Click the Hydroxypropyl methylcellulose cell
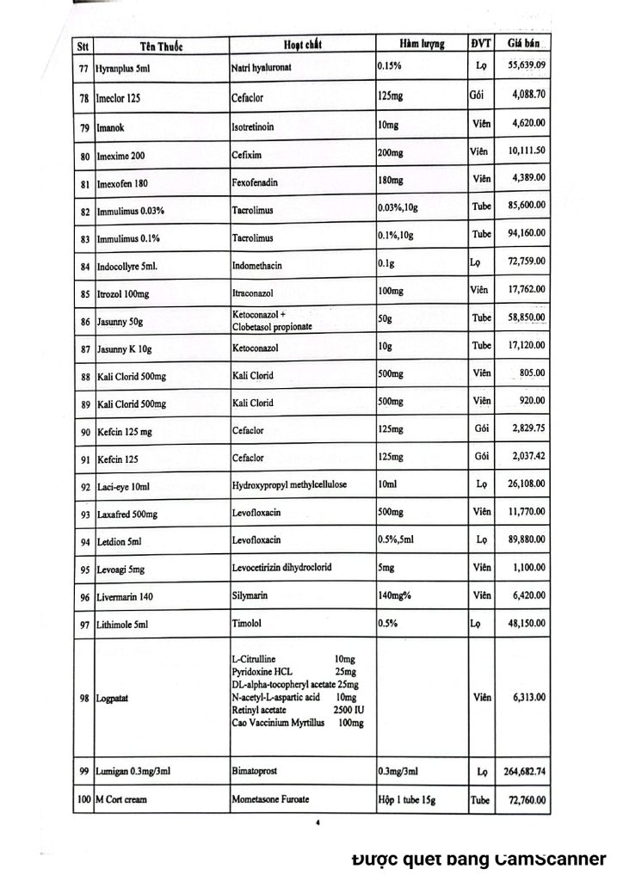click(x=289, y=485)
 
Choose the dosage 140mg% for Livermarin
click(x=397, y=595)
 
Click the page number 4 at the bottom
click(x=318, y=823)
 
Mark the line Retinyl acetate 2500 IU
click(x=298, y=710)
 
